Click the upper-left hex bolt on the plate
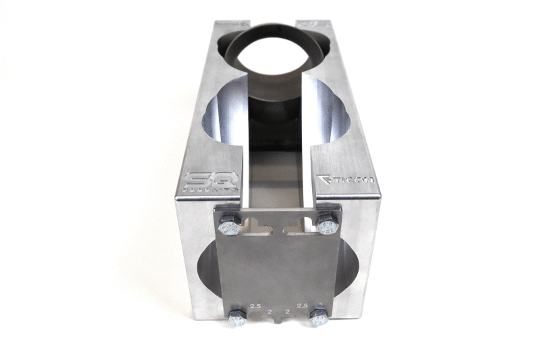tap(229, 226)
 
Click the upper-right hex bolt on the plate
tap(327, 225)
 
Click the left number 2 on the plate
tap(268, 312)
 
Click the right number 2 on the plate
tap(288, 312)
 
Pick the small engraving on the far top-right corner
tap(313, 24)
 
